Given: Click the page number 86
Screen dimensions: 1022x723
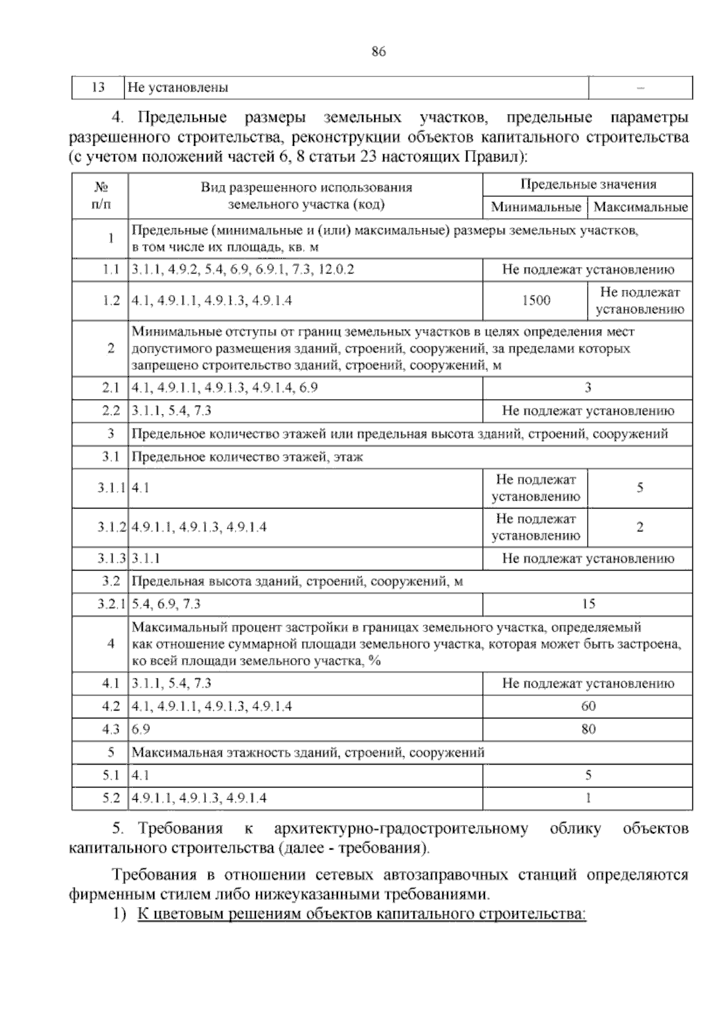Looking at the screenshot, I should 378,52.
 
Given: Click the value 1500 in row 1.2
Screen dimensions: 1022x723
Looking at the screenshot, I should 536,300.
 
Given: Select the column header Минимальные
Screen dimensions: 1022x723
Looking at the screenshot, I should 535,207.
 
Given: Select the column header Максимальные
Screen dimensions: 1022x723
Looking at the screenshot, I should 640,207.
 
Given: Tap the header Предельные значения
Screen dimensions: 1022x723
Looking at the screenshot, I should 587,184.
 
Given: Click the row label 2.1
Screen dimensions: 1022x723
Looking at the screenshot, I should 111,388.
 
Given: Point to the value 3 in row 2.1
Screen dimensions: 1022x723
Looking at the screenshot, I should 588,388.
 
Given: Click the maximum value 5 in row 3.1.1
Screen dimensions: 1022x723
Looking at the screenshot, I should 640,488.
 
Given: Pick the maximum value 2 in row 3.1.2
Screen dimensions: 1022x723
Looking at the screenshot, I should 640,527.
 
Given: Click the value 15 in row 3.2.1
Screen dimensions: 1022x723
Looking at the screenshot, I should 588,604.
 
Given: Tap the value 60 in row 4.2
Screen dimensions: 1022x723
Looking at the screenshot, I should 588,706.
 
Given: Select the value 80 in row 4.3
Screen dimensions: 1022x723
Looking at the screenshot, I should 588,729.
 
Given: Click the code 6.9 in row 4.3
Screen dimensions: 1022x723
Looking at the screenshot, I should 141,729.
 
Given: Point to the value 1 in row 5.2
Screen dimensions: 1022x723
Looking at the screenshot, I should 588,798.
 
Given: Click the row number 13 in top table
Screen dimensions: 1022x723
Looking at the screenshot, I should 98,87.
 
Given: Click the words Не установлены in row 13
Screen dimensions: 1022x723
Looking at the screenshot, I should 178,88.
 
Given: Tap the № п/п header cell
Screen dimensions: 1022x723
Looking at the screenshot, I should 101,196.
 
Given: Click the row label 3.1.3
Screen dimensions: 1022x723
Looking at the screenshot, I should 111,559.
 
